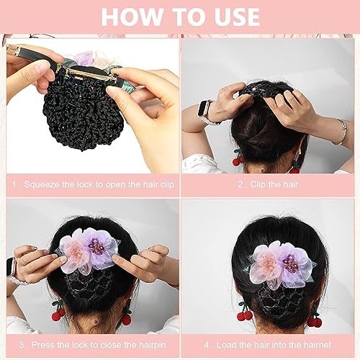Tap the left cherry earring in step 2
pos(237,159)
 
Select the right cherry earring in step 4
pos(314,320)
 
